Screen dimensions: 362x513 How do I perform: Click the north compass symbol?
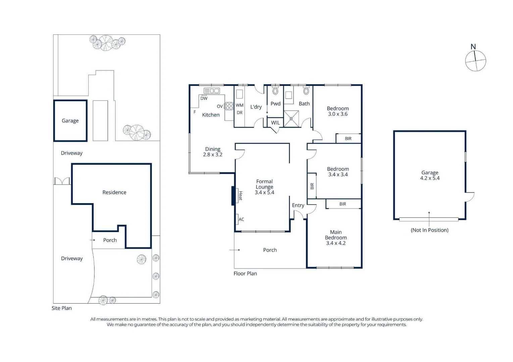[x=475, y=61]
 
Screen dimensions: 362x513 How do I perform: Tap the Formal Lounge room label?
[x=264, y=187]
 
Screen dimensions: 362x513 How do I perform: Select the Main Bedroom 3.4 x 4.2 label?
[x=336, y=237]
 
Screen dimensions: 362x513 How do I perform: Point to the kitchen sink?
[x=212, y=90]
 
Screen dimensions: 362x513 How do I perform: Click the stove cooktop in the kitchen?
[x=229, y=106]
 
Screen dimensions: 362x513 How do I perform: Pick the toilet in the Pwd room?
[x=275, y=91]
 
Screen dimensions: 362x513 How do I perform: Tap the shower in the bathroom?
[x=291, y=119]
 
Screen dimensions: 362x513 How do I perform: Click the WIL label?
[x=275, y=123]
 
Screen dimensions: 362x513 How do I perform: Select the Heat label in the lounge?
[x=240, y=196]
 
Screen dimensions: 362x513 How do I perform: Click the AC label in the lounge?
[x=241, y=219]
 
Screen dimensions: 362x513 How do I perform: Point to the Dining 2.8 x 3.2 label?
[x=213, y=152]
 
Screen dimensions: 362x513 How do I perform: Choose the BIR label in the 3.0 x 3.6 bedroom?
[x=348, y=138]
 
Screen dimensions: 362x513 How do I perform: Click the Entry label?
[x=298, y=205]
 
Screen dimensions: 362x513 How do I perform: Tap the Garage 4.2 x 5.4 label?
[x=430, y=175]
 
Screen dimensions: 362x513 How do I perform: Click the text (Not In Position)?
[x=429, y=230]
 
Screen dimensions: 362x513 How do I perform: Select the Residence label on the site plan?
[x=114, y=192]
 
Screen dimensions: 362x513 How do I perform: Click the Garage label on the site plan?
[x=70, y=121]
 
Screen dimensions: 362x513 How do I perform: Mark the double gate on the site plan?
[x=62, y=181]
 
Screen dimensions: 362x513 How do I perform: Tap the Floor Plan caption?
[x=245, y=274]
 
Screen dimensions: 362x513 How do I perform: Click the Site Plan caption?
[x=62, y=308]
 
